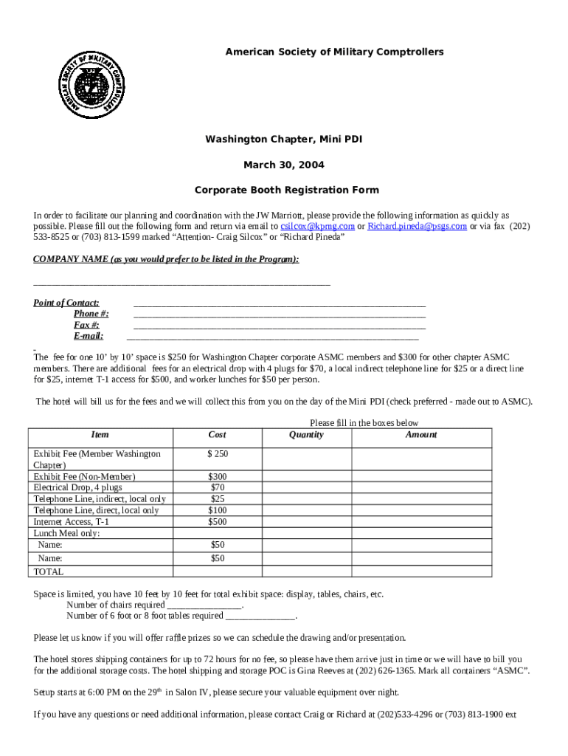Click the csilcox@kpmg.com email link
point(317,227)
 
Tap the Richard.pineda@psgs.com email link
point(417,227)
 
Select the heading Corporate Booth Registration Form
point(287,190)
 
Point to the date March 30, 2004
point(284,165)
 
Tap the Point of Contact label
point(66,303)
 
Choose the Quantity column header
point(306,435)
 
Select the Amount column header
point(420,435)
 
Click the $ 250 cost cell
point(217,453)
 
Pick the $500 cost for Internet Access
point(217,521)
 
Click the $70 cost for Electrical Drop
point(217,487)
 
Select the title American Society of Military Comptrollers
point(334,52)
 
